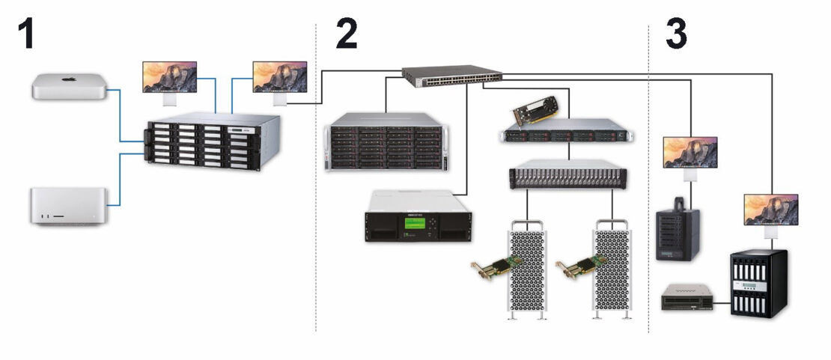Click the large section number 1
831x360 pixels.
coord(27,34)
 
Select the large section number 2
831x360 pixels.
coord(346,34)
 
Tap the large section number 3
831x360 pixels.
coord(675,34)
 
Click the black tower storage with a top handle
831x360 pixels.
coord(677,231)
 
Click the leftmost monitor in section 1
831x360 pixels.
coord(170,76)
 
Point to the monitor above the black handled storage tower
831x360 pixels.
coord(690,152)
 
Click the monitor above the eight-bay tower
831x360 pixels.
coord(770,210)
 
